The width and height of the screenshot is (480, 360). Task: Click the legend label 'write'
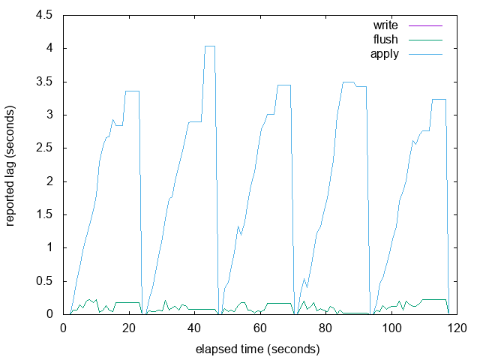coord(385,25)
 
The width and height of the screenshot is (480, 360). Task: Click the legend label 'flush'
coord(385,39)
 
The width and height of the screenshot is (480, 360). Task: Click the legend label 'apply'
coord(385,53)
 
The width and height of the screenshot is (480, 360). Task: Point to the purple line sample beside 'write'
coord(423,25)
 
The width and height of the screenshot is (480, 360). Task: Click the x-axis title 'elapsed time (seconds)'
coord(257,349)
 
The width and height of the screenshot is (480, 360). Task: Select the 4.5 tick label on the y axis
coord(43,15)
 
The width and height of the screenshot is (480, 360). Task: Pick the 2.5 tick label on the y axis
coord(43,148)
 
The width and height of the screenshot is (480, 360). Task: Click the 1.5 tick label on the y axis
coord(43,214)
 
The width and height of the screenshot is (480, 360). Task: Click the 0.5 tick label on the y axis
coord(43,280)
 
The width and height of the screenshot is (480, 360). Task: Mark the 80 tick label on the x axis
coord(325,328)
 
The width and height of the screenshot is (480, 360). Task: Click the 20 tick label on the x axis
coord(128,328)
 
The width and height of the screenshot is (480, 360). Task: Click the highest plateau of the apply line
coord(210,46)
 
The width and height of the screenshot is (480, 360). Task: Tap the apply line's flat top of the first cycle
coord(132,91)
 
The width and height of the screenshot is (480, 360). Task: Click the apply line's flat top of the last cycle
coord(439,99)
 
